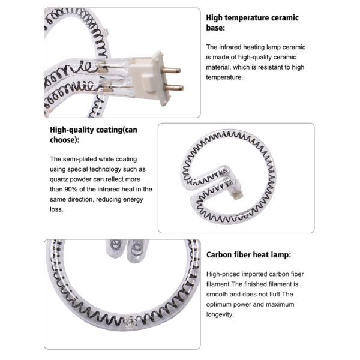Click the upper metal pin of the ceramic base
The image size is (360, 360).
click(172, 70)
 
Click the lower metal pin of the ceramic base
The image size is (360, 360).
click(174, 88)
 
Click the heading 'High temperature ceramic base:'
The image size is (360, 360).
click(253, 23)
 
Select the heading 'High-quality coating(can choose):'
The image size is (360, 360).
click(94, 134)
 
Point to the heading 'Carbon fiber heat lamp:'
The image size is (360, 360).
click(248, 254)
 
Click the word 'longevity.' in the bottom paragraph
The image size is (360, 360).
click(220, 314)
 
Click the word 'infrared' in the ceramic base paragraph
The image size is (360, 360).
click(230, 47)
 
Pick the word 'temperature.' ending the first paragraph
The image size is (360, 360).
click(224, 77)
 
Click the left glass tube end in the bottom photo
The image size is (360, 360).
click(115, 248)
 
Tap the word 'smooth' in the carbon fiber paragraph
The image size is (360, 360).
click(217, 295)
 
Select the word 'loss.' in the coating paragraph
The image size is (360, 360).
click(56, 209)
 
